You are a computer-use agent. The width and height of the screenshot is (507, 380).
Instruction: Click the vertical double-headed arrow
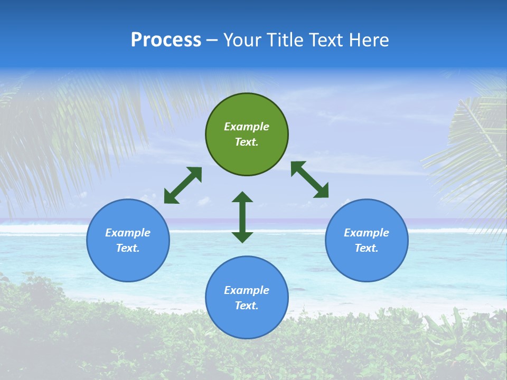click(x=242, y=217)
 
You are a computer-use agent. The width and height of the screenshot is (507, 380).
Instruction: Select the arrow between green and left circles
click(x=183, y=185)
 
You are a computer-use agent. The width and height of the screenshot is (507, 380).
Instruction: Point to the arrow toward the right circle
click(x=310, y=179)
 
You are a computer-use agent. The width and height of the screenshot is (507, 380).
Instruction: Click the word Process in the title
click(x=166, y=40)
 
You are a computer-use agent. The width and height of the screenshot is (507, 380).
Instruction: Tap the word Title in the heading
click(x=285, y=40)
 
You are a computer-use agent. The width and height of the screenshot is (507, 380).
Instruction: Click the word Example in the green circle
click(x=247, y=127)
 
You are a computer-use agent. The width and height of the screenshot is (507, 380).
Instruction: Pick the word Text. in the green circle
click(x=247, y=142)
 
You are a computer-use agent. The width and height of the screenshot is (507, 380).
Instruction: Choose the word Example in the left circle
click(x=128, y=233)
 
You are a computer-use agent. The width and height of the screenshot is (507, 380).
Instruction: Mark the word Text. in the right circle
click(x=367, y=248)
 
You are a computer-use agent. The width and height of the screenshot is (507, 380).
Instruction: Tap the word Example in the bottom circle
click(x=247, y=290)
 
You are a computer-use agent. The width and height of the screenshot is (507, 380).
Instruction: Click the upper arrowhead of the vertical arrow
click(x=242, y=197)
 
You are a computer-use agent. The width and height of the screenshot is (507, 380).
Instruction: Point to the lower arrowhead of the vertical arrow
click(x=242, y=237)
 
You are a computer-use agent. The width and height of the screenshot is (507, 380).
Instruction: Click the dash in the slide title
click(x=212, y=41)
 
